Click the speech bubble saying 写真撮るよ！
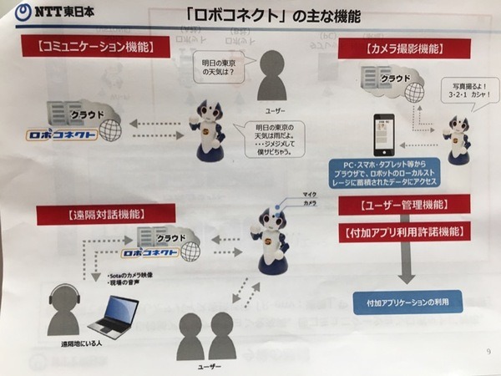459,88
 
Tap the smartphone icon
383,135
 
